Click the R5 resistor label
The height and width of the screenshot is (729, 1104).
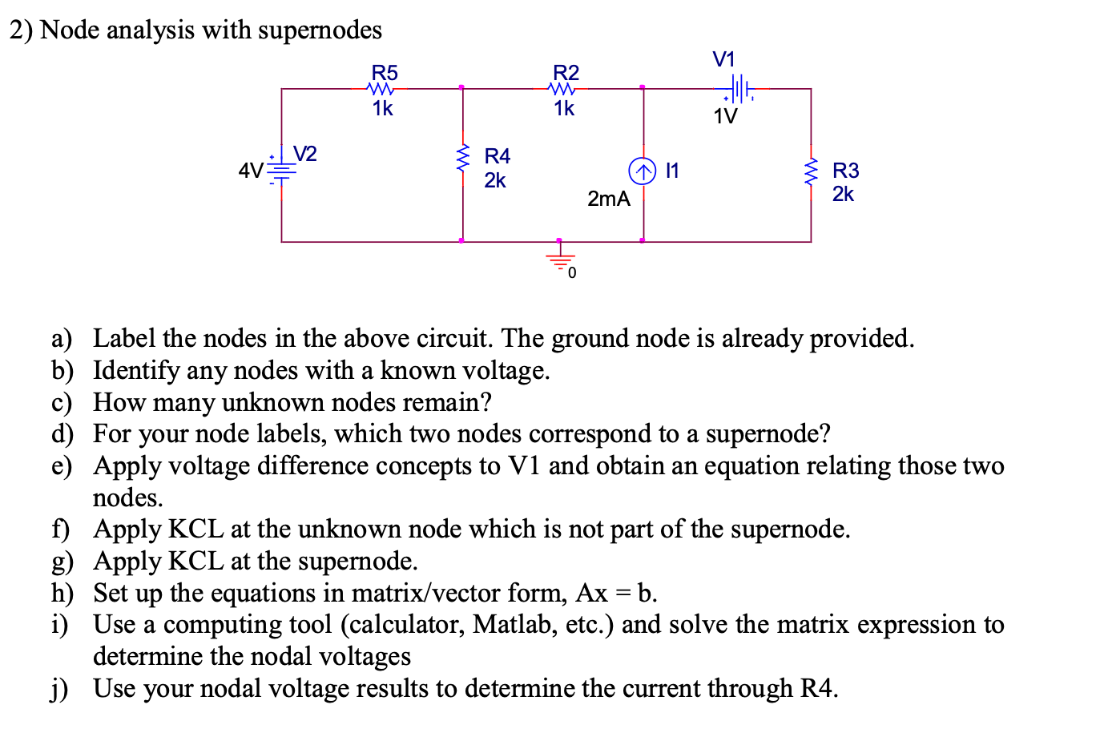385,72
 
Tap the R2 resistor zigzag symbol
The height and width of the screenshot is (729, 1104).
564,89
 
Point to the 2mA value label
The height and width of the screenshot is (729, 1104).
608,199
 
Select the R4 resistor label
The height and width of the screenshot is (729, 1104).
497,155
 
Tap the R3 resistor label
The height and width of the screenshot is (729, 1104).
845,170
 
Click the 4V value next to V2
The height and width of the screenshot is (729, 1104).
251,171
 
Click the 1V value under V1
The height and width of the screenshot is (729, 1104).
725,117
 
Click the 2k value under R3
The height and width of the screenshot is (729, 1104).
843,194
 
